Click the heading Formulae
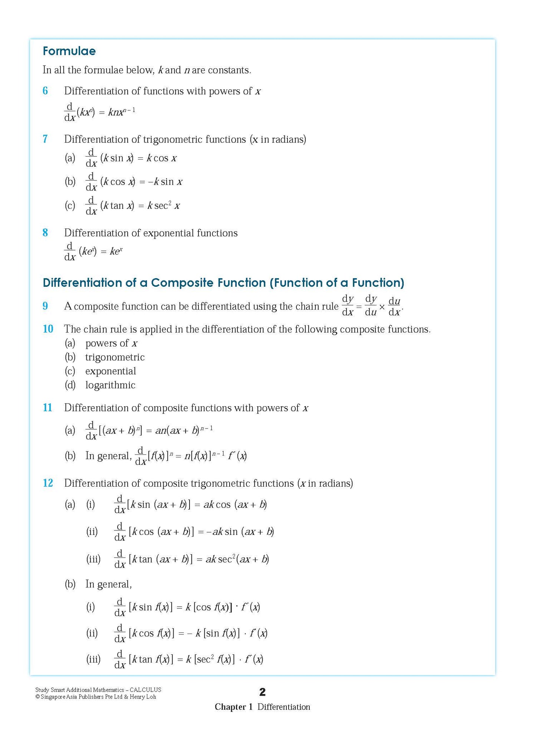point(69,51)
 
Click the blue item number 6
point(45,91)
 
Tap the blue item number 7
point(45,139)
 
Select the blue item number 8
point(45,233)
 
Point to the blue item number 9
point(45,306)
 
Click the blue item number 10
point(48,329)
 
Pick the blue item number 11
point(47,408)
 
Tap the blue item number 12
point(48,483)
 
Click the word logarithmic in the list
point(110,385)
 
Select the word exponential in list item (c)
point(111,371)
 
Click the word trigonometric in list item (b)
point(115,357)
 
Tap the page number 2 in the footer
point(263,692)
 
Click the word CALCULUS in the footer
point(145,690)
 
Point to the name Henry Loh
point(143,697)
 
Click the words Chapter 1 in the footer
point(234,707)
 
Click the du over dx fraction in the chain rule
point(394,306)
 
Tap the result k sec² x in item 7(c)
point(164,206)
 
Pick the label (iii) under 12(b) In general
point(93,659)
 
